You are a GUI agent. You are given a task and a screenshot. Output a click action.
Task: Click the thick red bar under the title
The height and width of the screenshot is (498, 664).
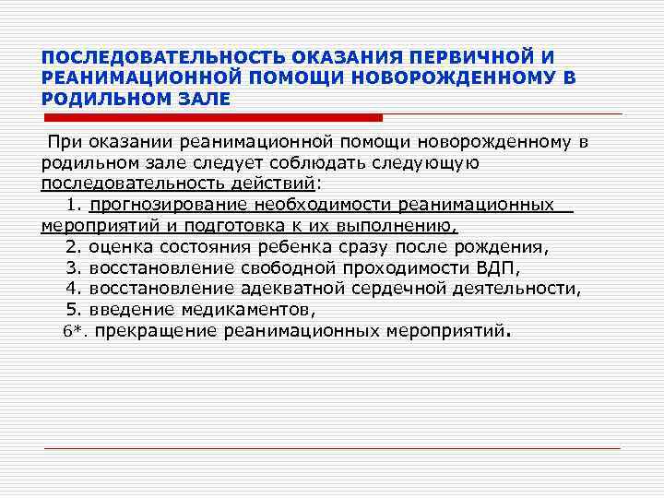point(212,118)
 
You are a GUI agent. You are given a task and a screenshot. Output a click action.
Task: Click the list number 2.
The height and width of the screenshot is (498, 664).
point(74,246)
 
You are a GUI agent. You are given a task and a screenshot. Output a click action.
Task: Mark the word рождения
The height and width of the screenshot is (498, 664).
point(503,246)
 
